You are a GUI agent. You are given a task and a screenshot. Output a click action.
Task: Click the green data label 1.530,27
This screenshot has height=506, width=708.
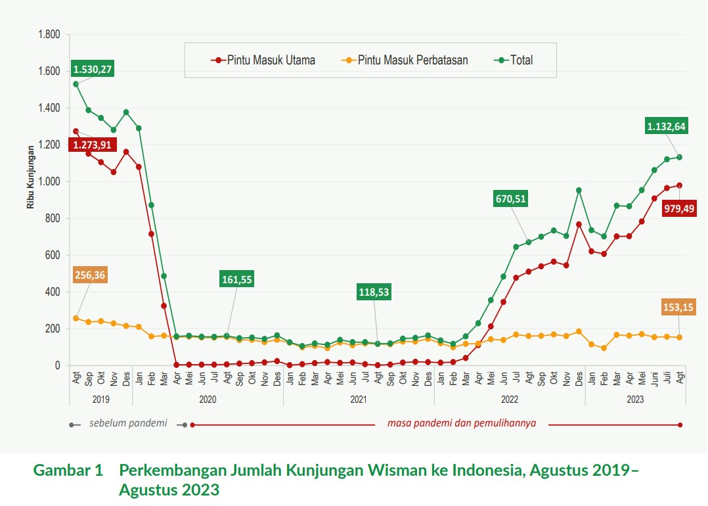point(93,69)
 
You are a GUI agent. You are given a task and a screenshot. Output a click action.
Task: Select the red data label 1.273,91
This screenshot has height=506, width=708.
point(92,145)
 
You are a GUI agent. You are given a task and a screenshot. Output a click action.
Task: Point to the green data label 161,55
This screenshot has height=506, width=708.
point(236,279)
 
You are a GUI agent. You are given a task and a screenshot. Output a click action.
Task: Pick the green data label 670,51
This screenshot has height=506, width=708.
point(512,199)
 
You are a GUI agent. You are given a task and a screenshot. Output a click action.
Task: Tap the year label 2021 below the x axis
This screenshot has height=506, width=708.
point(359,398)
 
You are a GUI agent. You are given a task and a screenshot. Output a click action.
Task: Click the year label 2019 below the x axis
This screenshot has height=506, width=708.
point(100,398)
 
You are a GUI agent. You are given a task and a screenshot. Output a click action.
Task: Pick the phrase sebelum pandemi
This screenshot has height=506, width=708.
point(128,423)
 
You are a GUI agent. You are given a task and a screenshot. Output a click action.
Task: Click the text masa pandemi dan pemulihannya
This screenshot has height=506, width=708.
point(462,423)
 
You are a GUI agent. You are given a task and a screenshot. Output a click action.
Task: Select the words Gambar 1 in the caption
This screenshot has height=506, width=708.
point(68,471)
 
